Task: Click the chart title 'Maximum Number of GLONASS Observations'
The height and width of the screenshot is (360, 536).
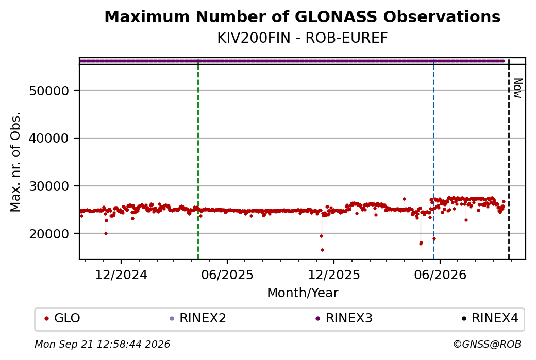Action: (x=302, y=16)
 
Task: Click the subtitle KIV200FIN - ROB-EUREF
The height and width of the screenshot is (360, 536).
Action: (x=303, y=38)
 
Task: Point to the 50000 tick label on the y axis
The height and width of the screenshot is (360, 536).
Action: (x=49, y=91)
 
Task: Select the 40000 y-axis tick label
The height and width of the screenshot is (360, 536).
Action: (x=49, y=139)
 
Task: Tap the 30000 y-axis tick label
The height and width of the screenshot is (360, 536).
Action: (x=49, y=186)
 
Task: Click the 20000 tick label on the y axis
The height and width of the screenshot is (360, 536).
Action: (x=49, y=234)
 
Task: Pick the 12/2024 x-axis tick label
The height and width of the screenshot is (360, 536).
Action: (x=121, y=275)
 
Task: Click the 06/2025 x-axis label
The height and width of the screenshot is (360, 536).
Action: (x=227, y=275)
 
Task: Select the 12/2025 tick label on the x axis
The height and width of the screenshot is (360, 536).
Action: (x=334, y=275)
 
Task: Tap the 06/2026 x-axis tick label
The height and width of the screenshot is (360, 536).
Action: (x=440, y=275)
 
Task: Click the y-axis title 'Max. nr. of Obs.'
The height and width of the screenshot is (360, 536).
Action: (x=15, y=162)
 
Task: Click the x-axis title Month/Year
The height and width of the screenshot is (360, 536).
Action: (x=303, y=293)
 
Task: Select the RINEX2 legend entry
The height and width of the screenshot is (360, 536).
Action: (x=198, y=318)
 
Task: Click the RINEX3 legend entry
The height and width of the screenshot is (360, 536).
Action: (x=344, y=318)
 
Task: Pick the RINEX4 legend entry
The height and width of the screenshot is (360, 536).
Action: (x=490, y=318)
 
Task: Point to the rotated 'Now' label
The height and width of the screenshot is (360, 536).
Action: (x=517, y=89)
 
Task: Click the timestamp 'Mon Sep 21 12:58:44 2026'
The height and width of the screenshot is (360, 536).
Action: (x=103, y=344)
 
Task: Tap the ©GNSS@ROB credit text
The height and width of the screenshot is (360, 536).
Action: (x=487, y=344)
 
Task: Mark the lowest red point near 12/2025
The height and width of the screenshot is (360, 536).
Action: (x=322, y=250)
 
